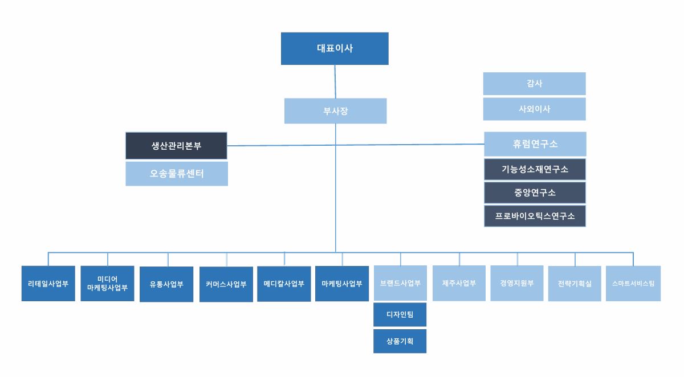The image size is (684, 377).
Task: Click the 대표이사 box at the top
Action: pyautogui.click(x=335, y=48)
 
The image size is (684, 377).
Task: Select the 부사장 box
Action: pyautogui.click(x=335, y=111)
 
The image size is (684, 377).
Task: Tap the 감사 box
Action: pyautogui.click(x=534, y=84)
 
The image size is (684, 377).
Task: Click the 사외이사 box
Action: pyautogui.click(x=534, y=109)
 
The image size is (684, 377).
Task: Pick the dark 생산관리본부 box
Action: pyautogui.click(x=176, y=146)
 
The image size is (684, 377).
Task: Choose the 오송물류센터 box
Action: pyautogui.click(x=176, y=174)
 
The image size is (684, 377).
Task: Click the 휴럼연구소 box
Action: pyautogui.click(x=535, y=144)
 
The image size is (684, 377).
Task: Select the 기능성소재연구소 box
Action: pyautogui.click(x=535, y=169)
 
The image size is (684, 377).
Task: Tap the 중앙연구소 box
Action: pyautogui.click(x=535, y=192)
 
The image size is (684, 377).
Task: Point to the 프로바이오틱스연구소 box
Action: pyautogui.click(x=535, y=216)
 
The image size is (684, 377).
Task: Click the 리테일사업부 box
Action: pyautogui.click(x=48, y=283)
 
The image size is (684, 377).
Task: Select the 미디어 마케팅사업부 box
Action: pyautogui.click(x=107, y=283)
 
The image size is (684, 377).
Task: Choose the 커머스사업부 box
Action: pyautogui.click(x=226, y=284)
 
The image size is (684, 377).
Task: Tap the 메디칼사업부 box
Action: pyautogui.click(x=284, y=283)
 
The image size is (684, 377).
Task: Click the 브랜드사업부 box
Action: pyautogui.click(x=400, y=283)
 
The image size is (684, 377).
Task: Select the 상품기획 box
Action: pyautogui.click(x=400, y=341)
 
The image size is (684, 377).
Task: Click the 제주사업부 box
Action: pyautogui.click(x=459, y=283)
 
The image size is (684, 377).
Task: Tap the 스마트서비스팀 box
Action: pyautogui.click(x=633, y=283)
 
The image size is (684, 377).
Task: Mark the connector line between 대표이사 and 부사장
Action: pyautogui.click(x=335, y=81)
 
